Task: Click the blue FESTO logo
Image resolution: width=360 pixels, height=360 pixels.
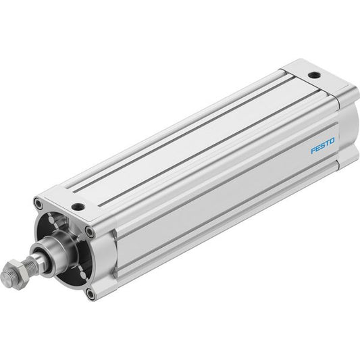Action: (x=323, y=145)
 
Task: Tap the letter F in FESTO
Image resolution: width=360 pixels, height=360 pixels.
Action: (x=313, y=151)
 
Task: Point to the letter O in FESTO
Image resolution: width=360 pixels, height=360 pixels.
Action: (x=332, y=140)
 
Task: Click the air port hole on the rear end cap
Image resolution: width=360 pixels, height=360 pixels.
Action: (x=314, y=75)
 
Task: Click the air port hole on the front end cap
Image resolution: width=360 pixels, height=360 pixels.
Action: (x=78, y=207)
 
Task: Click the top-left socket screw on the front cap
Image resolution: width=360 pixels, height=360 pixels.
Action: (x=38, y=203)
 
